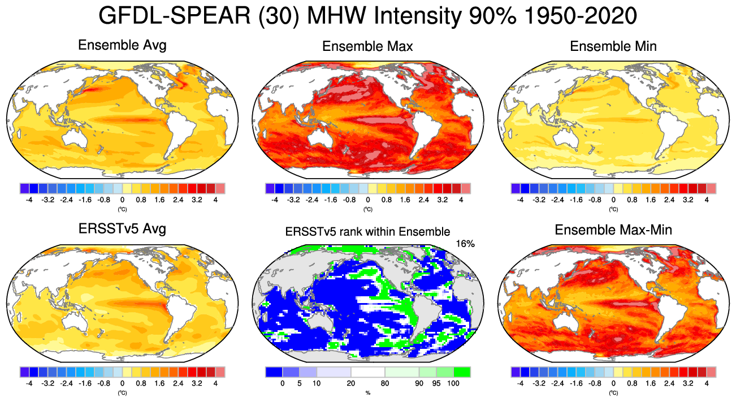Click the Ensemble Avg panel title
pyautogui.click(x=122, y=45)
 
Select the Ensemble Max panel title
pyautogui.click(x=367, y=46)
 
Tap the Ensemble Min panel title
pyautogui.click(x=613, y=46)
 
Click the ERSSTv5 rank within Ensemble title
pyautogui.click(x=367, y=231)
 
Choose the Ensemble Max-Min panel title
pyautogui.click(x=613, y=230)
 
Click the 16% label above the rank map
pyautogui.click(x=465, y=244)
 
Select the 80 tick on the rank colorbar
pyautogui.click(x=385, y=383)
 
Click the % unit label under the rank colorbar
pyautogui.click(x=367, y=392)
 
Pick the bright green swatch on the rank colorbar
pyautogui.click(x=462, y=372)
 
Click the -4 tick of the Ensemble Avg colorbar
pyautogui.click(x=29, y=200)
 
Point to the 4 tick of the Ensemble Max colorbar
pyautogui.click(x=461, y=200)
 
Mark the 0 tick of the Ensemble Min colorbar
pyautogui.click(x=613, y=200)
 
